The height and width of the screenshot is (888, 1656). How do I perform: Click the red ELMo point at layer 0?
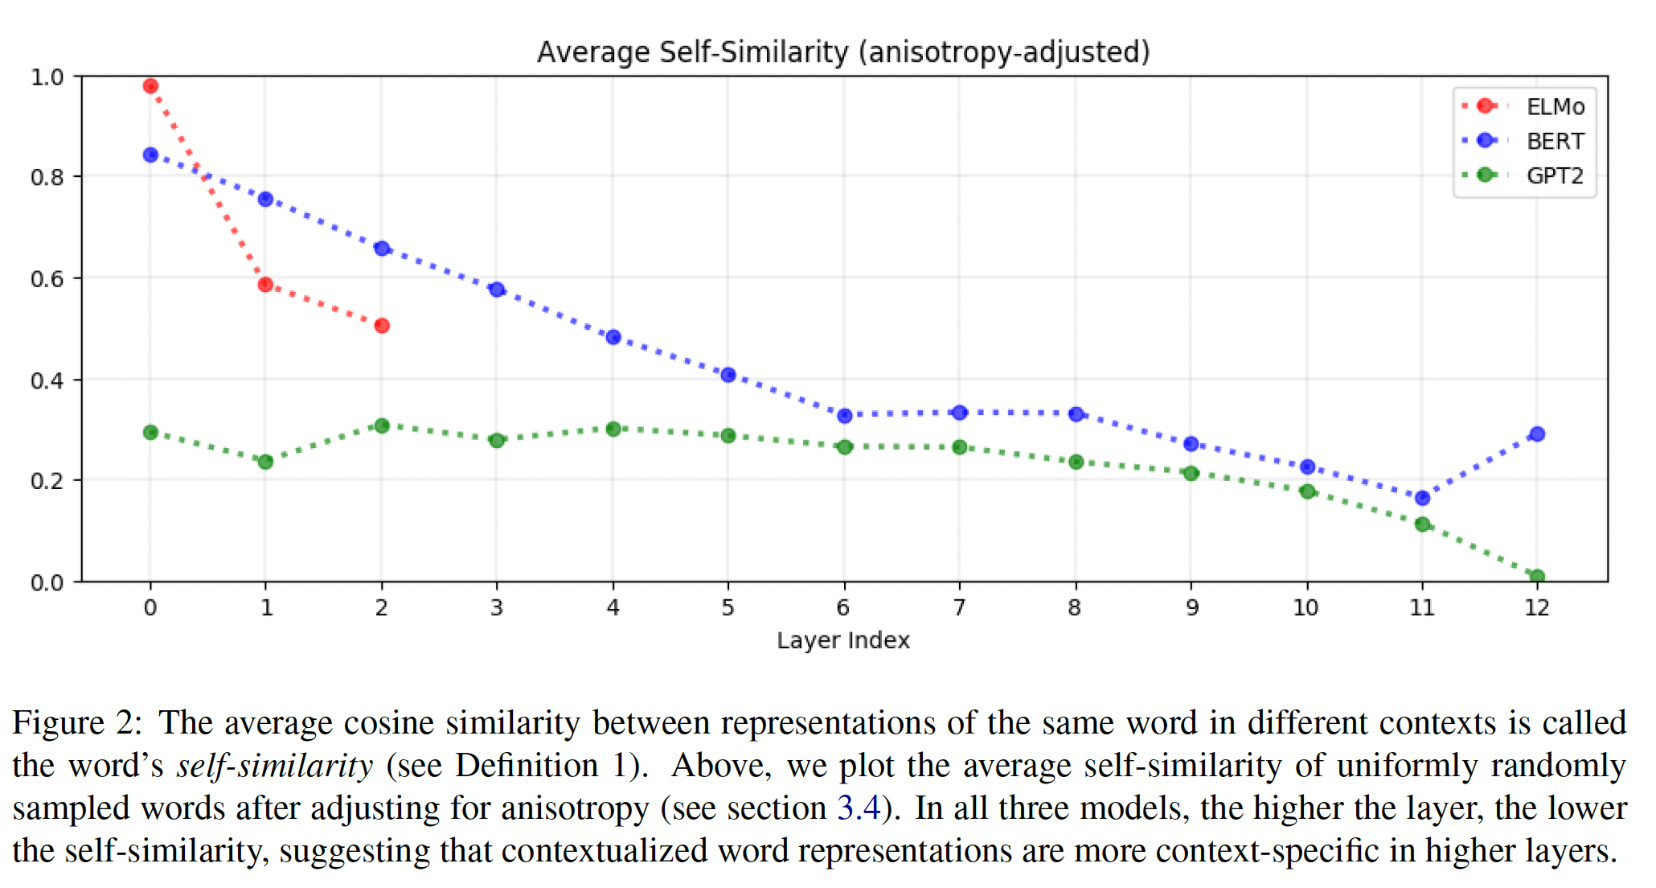(x=150, y=86)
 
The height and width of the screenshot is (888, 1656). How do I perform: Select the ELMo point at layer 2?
(x=382, y=326)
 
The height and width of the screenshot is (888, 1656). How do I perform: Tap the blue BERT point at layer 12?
(x=1537, y=434)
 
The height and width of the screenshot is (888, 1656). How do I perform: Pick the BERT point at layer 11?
(x=1422, y=498)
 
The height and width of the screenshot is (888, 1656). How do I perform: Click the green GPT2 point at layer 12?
(x=1537, y=576)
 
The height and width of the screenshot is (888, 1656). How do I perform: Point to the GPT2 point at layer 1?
(x=265, y=462)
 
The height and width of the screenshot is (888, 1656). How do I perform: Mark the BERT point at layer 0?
(x=150, y=154)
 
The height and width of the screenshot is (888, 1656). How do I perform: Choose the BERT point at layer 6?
(x=844, y=416)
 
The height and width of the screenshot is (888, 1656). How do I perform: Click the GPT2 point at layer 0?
(x=150, y=433)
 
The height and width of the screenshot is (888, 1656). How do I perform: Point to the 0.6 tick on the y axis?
(x=47, y=279)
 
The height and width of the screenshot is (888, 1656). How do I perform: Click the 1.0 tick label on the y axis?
(x=47, y=77)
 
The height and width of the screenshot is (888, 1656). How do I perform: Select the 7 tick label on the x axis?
(x=959, y=608)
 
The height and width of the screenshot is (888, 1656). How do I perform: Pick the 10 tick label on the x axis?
(x=1306, y=608)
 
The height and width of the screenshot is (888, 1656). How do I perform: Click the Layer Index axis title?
(x=843, y=641)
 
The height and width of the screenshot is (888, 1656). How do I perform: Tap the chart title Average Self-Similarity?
(x=843, y=52)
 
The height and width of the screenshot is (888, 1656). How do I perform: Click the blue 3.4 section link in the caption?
(x=859, y=808)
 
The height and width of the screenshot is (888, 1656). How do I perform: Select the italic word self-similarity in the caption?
(x=275, y=766)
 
